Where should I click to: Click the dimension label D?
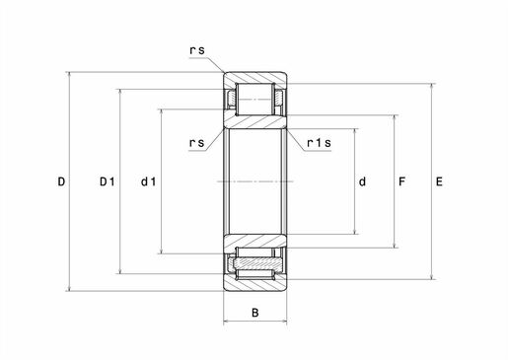pyautogui.click(x=61, y=181)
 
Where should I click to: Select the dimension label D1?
pyautogui.click(x=108, y=181)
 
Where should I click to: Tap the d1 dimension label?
pyautogui.click(x=149, y=181)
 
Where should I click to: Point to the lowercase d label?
pyautogui.click(x=362, y=181)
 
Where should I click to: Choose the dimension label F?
pyautogui.click(x=401, y=181)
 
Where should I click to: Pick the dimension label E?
pyautogui.click(x=439, y=181)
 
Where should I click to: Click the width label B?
pyautogui.click(x=254, y=313)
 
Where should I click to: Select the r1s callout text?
pyautogui.click(x=319, y=143)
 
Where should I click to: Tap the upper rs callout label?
pyautogui.click(x=197, y=50)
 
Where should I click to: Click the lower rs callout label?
pyautogui.click(x=197, y=143)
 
